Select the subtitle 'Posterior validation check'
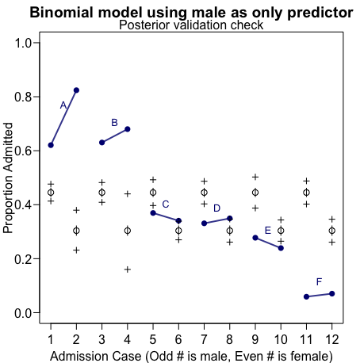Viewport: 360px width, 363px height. [191, 25]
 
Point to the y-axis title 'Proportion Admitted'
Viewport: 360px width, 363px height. [9, 178]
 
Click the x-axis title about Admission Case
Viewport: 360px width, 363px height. [191, 356]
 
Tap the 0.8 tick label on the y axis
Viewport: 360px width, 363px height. [22, 97]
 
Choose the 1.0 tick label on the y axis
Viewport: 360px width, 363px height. [22, 43]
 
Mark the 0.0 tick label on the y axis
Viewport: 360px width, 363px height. [22, 313]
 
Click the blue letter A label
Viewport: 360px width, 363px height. [63, 105]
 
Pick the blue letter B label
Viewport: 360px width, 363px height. [114, 123]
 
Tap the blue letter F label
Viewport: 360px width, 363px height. [319, 281]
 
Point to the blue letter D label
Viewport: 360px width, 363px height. [216, 208]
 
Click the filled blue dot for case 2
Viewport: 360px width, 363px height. [76, 90]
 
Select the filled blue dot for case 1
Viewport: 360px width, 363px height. [51, 145]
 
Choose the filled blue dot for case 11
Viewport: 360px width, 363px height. [306, 296]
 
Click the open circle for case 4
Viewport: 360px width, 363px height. [127, 231]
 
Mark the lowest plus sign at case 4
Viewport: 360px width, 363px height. [127, 269]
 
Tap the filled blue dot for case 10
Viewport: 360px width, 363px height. [281, 248]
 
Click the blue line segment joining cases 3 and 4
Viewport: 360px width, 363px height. [114, 136]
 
